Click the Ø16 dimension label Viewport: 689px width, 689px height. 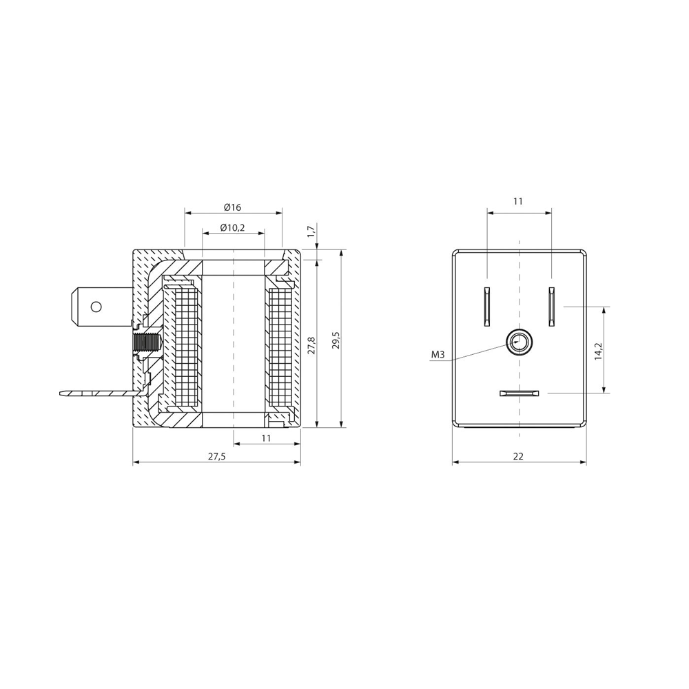232,207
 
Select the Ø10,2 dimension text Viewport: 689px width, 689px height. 232,227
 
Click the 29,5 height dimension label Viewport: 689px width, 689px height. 336,339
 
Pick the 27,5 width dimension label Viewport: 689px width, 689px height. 216,456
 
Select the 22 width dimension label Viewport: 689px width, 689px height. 519,456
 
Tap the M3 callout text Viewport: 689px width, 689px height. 438,355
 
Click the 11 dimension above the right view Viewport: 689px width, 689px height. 519,200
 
